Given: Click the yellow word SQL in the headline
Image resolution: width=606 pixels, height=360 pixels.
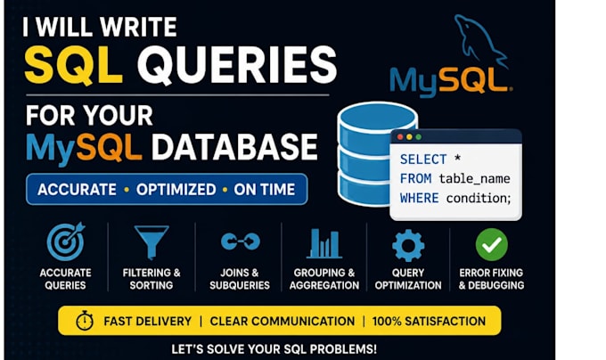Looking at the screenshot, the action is point(73,65).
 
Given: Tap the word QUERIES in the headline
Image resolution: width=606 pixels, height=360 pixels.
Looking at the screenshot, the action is point(237,65).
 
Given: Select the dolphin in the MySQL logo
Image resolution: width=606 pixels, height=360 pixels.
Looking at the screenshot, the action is point(480,40).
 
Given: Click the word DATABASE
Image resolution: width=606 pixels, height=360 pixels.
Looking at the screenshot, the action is point(234,147).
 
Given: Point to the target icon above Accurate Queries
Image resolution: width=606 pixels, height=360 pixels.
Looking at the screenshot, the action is point(66,241).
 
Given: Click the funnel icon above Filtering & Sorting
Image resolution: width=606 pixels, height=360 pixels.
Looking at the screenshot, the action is point(151,242).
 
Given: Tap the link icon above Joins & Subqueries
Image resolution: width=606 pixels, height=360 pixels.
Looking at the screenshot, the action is point(241,241).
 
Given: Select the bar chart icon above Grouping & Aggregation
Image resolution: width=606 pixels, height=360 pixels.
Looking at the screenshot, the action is point(323,243).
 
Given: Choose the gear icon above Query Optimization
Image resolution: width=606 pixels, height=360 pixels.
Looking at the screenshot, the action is point(408,245).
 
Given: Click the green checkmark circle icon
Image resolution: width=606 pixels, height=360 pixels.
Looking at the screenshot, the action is point(492,244).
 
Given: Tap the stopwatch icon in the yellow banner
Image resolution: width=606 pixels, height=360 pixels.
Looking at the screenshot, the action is point(85,320).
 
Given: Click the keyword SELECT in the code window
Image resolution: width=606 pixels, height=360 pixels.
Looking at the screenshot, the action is point(423,160).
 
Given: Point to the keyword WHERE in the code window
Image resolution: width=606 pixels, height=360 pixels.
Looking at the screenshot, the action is point(420,198).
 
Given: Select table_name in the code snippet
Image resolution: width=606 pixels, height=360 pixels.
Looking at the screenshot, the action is point(475,179).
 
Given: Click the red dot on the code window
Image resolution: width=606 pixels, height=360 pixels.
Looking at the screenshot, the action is point(400,137).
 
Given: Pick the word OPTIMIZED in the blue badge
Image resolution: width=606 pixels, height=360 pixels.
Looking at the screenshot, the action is point(176,190).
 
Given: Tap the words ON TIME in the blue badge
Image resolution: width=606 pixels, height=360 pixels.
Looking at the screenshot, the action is point(265,190).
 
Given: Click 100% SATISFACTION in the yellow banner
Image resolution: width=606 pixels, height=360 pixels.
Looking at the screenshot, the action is point(429,322).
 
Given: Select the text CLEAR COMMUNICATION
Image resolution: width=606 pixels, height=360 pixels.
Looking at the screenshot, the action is point(283,322).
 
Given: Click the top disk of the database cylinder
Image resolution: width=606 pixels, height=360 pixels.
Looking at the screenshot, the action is point(378,117).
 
